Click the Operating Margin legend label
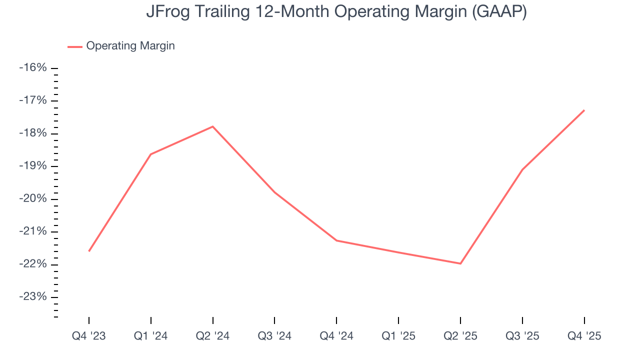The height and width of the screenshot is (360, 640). point(130,46)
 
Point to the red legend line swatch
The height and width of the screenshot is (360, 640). point(75,46)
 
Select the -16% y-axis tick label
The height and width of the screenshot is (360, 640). point(32,67)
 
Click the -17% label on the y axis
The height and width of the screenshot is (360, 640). point(32,100)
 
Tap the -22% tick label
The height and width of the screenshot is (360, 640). point(32,264)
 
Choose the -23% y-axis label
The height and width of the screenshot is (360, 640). point(32,297)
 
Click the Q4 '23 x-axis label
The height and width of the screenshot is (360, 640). point(89,336)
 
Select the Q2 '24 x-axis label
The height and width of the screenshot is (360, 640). point(213,336)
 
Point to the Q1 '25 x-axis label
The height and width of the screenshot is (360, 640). point(398,336)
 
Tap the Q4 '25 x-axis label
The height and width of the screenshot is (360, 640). point(584,336)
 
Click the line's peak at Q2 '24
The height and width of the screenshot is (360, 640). point(213,126)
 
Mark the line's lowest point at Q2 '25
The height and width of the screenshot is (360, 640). point(460,263)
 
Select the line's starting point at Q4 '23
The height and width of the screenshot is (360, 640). point(89,251)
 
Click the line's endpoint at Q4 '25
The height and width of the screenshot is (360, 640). point(584,110)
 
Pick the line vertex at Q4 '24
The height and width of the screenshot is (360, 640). point(336,240)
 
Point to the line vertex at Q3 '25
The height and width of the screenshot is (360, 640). point(522,169)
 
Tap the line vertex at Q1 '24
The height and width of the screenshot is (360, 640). point(151,154)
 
